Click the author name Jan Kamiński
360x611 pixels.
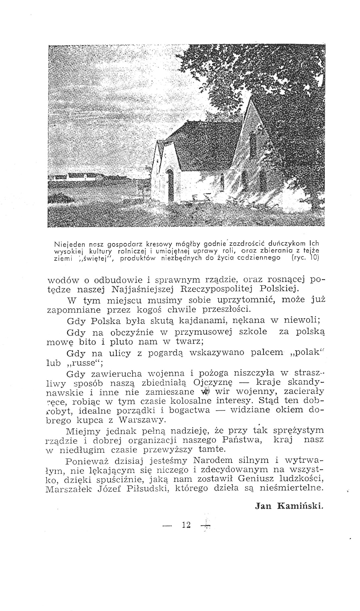[x=289, y=506]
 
